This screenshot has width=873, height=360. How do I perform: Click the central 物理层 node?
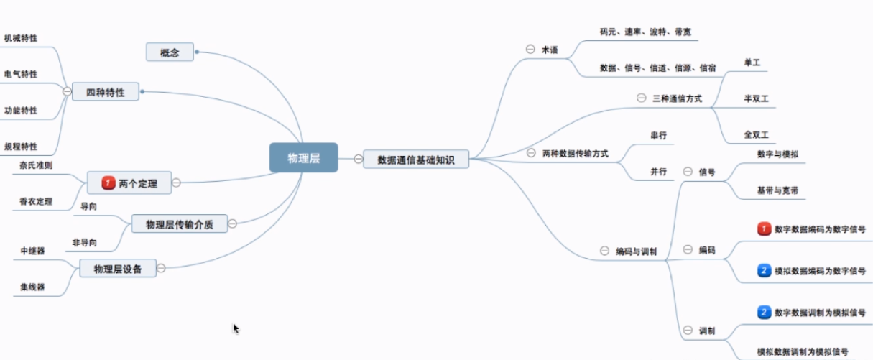tap(304, 157)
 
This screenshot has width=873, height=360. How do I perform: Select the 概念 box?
tap(170, 52)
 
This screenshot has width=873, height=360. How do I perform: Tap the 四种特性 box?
tap(105, 91)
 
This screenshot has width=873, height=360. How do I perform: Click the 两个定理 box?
tap(129, 183)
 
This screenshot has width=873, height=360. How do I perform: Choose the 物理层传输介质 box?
tap(180, 223)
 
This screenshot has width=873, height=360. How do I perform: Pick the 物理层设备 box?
tap(118, 269)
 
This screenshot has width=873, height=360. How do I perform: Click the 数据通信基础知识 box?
tap(416, 160)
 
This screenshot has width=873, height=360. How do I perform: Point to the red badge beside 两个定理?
tap(108, 183)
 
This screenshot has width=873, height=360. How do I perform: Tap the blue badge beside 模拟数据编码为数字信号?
tap(764, 270)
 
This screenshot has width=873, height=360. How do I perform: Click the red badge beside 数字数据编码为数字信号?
tap(764, 229)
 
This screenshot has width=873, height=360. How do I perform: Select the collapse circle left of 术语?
tap(530, 49)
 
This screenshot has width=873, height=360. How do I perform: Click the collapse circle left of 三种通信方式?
tap(641, 98)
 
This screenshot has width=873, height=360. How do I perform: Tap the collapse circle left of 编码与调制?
tap(604, 251)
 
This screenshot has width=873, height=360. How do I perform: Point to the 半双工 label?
tap(756, 98)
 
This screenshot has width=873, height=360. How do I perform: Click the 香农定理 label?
tap(36, 201)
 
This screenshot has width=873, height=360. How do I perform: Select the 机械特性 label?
tap(21, 38)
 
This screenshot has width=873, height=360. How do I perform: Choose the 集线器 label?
tap(32, 287)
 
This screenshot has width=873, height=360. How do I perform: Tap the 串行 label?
tap(659, 135)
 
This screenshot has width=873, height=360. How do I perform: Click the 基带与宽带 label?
tap(777, 190)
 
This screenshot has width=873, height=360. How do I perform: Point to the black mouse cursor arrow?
tap(236, 329)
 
